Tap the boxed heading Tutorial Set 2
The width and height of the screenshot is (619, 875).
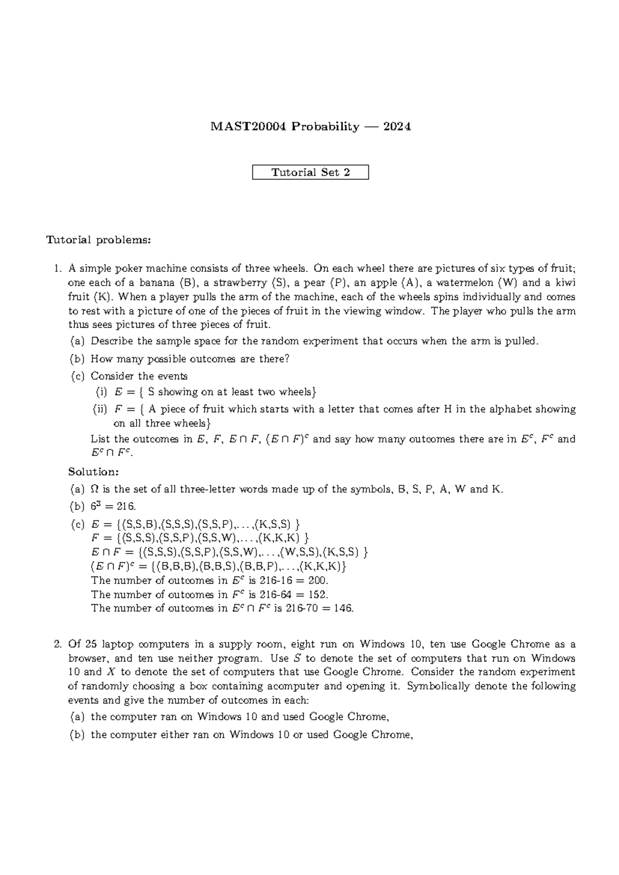[311, 172]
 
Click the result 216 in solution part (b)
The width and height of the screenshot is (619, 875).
[126, 507]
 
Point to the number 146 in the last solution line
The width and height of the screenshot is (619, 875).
[343, 608]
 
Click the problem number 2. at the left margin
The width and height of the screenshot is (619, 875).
[58, 644]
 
